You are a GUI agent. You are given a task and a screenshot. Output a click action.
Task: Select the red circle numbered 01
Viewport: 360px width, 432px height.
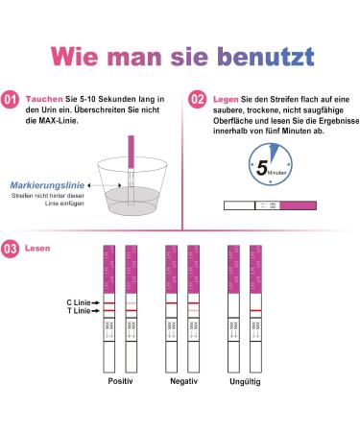coord(11,99)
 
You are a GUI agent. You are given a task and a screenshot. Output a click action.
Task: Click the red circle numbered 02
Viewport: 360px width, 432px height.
coord(198,99)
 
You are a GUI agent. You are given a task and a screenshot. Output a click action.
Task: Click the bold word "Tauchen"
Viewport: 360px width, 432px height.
coord(41,99)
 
